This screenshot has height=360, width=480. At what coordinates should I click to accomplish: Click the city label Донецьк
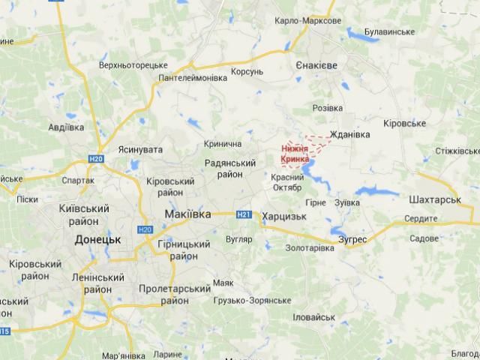(x=98, y=239)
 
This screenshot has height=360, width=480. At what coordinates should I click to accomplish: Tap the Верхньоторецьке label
(x=134, y=65)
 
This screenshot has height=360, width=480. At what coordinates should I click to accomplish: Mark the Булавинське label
(x=389, y=31)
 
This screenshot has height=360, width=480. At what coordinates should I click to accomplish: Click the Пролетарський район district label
(x=175, y=294)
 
